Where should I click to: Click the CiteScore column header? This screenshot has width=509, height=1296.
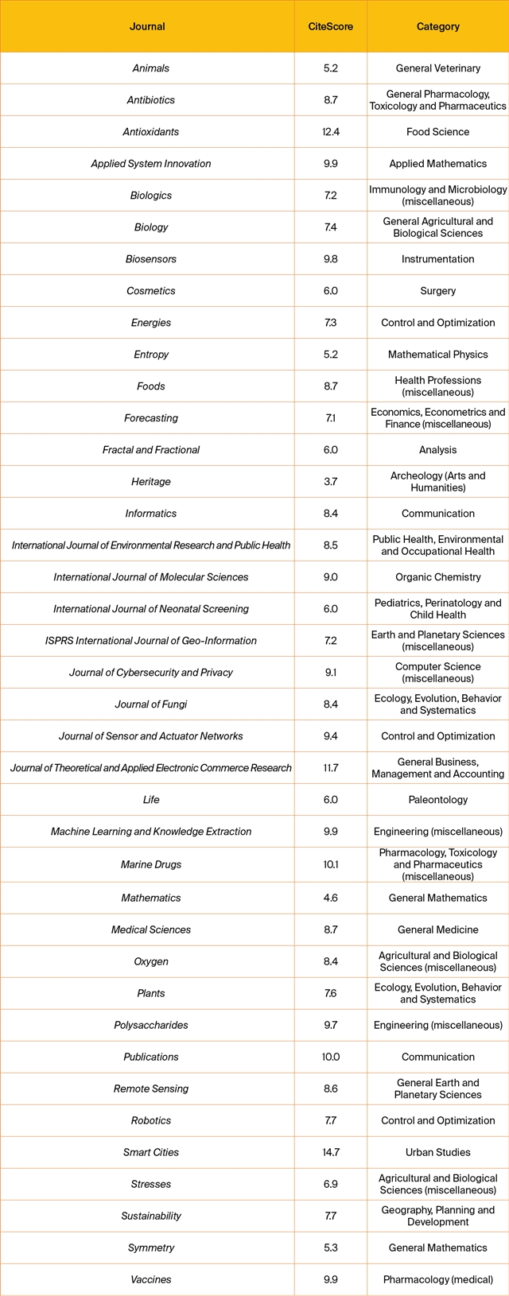point(331,26)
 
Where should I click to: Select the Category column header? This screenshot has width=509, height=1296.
point(438,26)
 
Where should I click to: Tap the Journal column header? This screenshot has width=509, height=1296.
point(147,26)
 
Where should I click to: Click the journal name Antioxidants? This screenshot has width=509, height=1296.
point(151,132)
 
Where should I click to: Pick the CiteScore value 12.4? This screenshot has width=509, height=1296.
point(331,132)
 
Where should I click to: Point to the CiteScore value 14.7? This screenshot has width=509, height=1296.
point(331,1152)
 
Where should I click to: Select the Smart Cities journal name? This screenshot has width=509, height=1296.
point(151,1152)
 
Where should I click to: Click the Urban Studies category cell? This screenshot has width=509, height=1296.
point(438,1152)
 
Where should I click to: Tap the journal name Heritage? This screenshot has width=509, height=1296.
point(151,482)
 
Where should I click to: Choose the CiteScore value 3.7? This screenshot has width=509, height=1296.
point(331,482)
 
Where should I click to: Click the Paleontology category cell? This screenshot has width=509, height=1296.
point(438,800)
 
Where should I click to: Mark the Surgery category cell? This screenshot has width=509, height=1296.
point(438,291)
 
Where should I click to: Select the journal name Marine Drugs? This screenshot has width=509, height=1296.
point(151,864)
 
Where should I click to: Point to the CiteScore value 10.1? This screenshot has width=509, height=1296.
point(331,864)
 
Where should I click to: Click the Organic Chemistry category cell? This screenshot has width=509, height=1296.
point(438,577)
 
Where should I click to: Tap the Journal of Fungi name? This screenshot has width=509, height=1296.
point(151,704)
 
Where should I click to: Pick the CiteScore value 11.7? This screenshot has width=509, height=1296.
point(331,768)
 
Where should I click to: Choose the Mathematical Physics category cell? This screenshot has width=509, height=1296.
point(438,355)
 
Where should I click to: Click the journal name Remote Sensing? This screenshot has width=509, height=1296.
point(151,1088)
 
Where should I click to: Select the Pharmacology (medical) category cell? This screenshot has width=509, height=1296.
point(438,1279)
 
